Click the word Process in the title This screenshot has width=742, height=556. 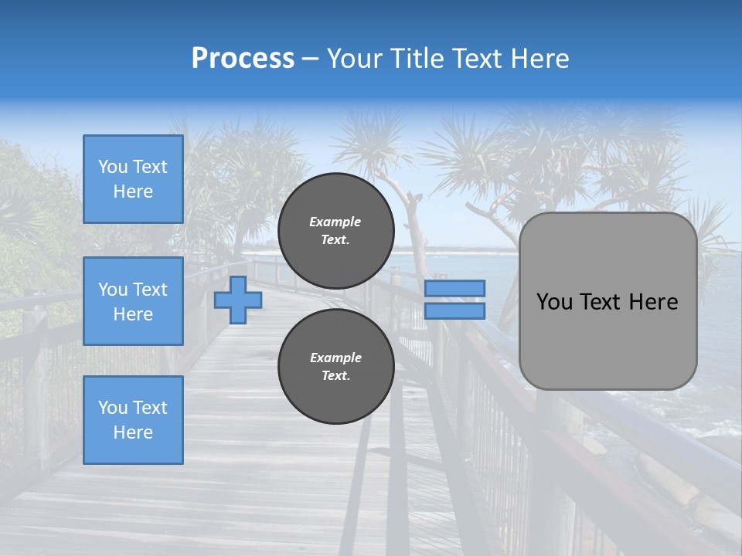243,59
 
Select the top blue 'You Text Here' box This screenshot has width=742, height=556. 133,179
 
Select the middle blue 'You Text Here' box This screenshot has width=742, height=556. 133,301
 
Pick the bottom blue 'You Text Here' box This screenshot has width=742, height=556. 133,420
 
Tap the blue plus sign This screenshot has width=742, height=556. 238,300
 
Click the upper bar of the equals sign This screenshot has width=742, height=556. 455,288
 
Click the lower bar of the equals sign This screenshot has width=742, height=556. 455,311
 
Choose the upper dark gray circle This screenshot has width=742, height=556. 335,230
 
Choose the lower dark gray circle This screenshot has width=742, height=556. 335,366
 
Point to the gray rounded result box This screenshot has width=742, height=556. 608,301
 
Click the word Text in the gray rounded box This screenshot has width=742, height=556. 600,302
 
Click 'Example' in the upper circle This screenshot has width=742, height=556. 335,222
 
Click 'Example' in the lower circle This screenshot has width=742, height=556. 335,358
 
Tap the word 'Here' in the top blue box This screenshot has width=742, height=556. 133,192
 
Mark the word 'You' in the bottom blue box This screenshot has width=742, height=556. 113,408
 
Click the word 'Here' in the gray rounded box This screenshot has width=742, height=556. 654,302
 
